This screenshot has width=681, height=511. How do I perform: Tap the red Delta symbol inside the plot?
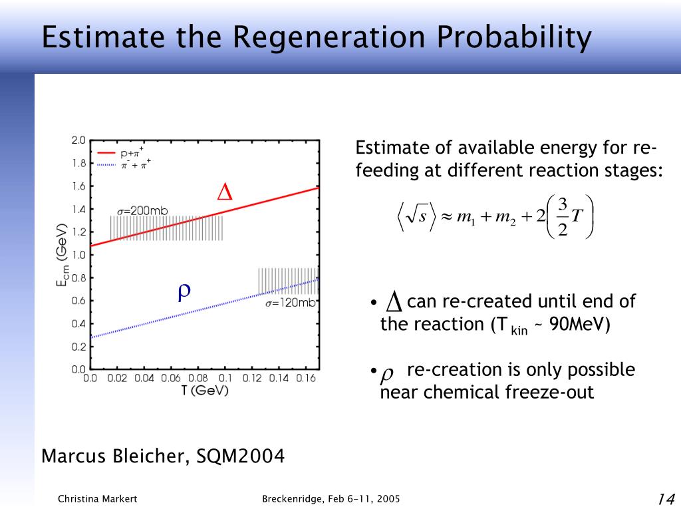coord(225,192)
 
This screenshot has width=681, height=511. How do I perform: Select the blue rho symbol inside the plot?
coord(184,293)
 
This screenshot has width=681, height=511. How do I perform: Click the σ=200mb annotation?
coord(142,211)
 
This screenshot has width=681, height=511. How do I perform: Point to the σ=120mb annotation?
coord(291,303)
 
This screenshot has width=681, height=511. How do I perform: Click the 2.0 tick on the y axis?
coord(78,140)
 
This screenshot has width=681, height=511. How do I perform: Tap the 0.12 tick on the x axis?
coord(252,379)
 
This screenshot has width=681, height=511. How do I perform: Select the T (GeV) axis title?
coord(205,391)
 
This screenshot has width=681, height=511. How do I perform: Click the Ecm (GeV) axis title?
coord(62,255)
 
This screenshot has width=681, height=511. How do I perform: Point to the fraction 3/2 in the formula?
coord(563,217)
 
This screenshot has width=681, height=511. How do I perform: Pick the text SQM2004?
coord(241,456)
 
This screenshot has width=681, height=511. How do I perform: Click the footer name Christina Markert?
coord(97,499)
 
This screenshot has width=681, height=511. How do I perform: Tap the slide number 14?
coord(666,499)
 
